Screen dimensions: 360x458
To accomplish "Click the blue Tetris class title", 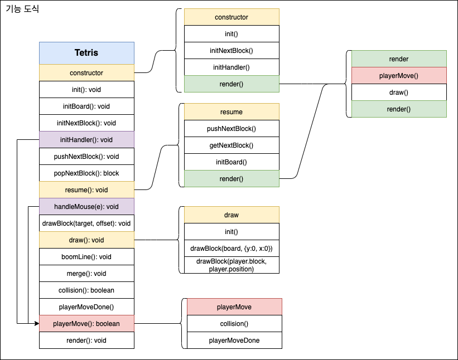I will point(86,53).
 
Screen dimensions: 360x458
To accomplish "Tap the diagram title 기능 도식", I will point(22,9).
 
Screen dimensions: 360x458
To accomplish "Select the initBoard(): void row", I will point(86,106).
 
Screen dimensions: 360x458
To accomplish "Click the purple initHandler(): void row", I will point(86,139).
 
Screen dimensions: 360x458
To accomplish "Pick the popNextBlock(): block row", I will point(86,173).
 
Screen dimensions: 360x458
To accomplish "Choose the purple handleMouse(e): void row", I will point(86,206).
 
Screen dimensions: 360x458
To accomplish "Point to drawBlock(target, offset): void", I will point(86,223).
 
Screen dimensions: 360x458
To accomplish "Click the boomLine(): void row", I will point(86,256).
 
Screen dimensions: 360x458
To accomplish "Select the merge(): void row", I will point(86,273).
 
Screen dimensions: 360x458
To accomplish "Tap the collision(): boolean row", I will point(86,290).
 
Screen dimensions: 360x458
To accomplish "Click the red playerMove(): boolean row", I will point(86,323).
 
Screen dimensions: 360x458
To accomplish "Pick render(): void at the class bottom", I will point(86,340).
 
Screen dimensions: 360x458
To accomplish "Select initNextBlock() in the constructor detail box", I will point(232,50).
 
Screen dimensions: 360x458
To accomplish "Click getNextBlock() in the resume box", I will point(232,145).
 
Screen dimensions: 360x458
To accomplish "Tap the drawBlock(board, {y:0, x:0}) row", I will point(232,248).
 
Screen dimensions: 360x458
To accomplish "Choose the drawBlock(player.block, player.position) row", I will point(232,265).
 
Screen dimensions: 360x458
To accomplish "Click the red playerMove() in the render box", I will point(399,75).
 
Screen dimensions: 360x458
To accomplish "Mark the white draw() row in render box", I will point(399,92).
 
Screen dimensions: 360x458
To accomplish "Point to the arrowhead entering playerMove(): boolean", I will point(36,323).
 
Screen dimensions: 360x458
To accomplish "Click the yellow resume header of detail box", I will point(232,111).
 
